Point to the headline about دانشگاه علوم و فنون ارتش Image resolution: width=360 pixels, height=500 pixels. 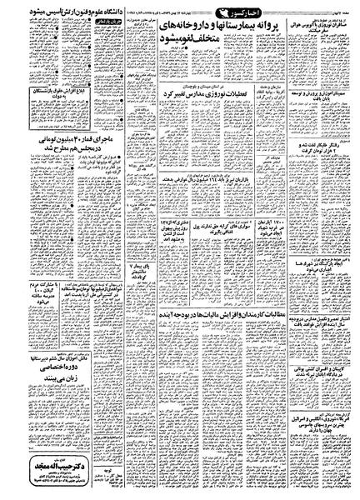57,14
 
